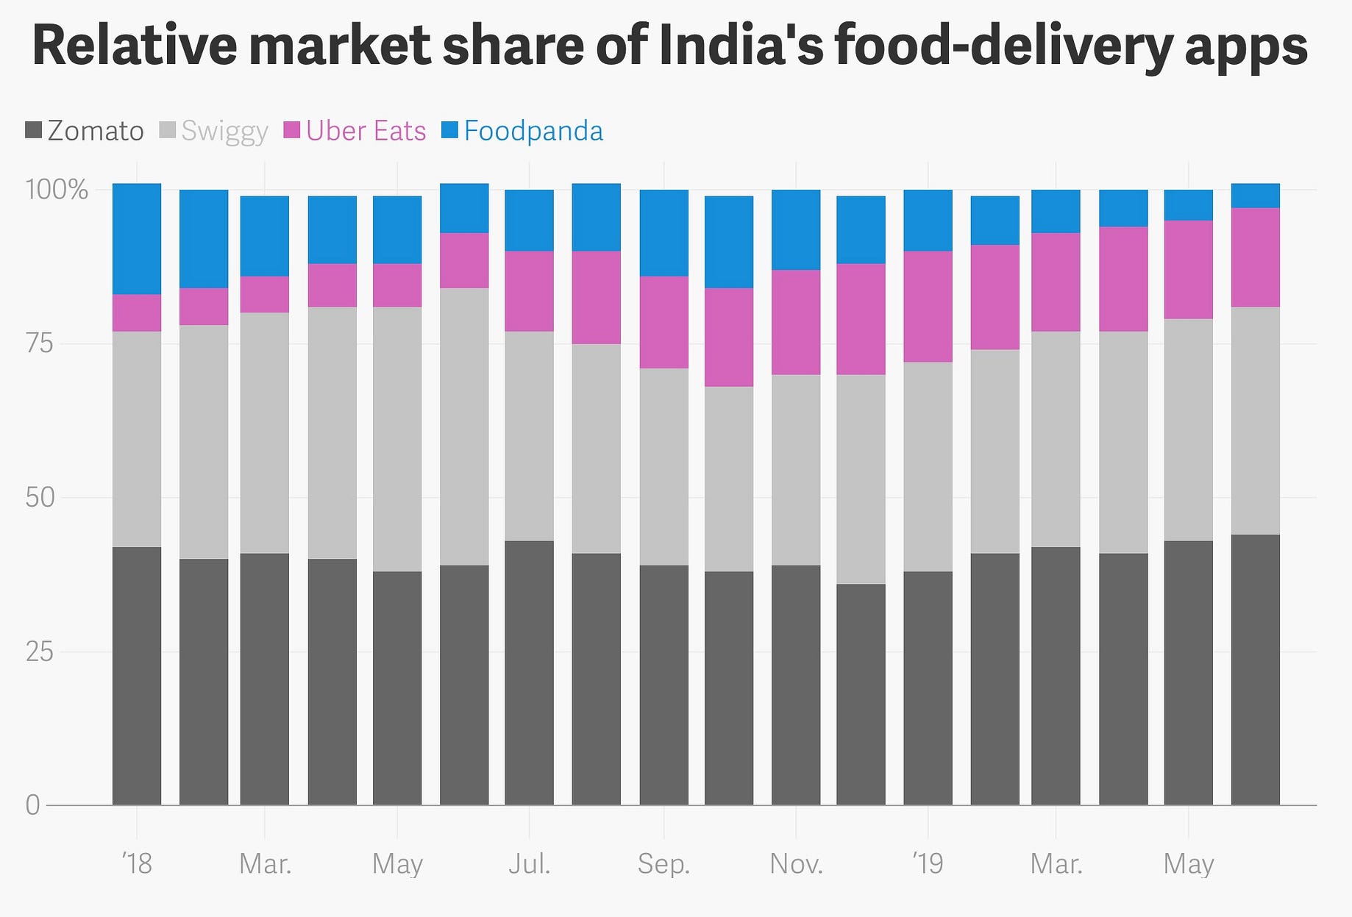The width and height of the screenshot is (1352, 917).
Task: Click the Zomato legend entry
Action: pos(85,131)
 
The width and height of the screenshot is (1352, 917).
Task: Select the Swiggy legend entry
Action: pos(213,131)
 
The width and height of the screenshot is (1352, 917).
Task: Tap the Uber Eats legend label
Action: pos(355,131)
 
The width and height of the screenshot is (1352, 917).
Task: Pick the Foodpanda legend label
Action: pos(522,131)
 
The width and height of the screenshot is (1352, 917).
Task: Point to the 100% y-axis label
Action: pos(57,190)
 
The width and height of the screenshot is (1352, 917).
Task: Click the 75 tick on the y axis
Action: pos(40,343)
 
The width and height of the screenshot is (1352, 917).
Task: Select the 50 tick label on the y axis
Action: pos(40,498)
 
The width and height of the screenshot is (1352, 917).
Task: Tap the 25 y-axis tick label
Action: pos(40,652)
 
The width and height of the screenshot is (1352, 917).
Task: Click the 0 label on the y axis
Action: pos(32,805)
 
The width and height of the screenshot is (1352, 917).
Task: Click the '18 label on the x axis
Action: pos(137,863)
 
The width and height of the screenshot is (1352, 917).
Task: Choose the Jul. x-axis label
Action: pos(529,863)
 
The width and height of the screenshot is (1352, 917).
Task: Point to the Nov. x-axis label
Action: pos(796,863)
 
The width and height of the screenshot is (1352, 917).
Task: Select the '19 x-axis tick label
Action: pos(928,863)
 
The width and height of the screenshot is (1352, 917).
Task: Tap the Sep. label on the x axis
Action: pos(663,863)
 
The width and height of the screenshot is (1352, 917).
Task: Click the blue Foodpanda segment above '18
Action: pos(137,239)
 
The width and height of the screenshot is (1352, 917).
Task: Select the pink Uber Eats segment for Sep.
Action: pos(664,322)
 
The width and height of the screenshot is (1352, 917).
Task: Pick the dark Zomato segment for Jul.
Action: pos(529,673)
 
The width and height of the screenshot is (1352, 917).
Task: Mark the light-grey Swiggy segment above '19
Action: pos(928,466)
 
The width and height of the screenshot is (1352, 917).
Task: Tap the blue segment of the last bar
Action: pos(1256,196)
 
